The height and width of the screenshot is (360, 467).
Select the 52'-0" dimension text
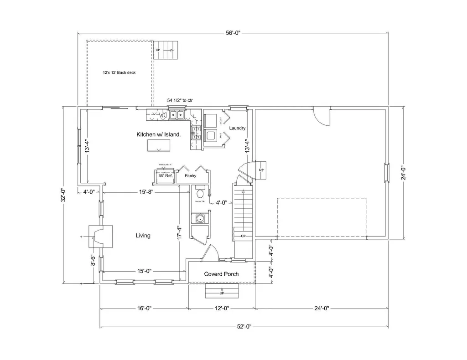click(244, 326)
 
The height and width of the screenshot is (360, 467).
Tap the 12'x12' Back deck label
click(119, 72)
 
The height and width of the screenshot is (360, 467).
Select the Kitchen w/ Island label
click(159, 134)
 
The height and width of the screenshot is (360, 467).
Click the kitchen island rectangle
click(159, 145)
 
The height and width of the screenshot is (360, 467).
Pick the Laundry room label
click(238, 128)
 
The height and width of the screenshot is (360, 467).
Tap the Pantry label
click(190, 175)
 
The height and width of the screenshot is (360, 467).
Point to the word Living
click(143, 236)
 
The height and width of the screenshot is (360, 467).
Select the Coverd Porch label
click(221, 274)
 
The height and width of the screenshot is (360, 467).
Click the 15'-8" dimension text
click(146, 192)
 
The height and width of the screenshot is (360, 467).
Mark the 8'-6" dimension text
click(93, 261)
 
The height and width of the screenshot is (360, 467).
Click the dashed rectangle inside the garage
click(322, 218)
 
